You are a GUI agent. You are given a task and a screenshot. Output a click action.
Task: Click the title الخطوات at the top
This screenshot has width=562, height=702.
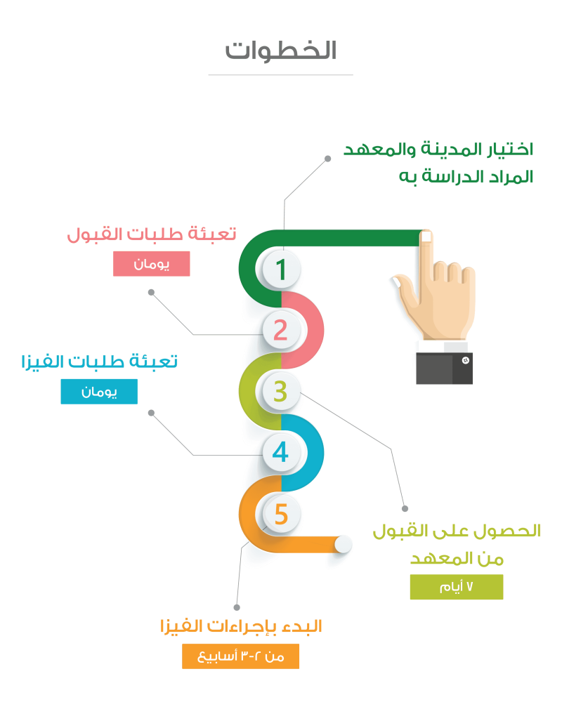[x=281, y=50]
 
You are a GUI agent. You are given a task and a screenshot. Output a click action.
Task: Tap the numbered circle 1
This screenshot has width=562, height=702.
[x=281, y=270]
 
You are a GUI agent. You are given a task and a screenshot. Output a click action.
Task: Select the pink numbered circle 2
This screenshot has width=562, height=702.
[x=281, y=330]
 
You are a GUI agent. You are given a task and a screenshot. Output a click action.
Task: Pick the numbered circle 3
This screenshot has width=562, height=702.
[x=280, y=391]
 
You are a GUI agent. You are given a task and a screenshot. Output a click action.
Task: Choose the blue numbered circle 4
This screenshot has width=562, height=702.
[x=281, y=452]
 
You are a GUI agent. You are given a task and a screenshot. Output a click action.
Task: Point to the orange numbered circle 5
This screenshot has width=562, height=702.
[x=281, y=515]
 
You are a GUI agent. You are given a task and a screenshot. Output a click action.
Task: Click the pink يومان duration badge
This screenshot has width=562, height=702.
[x=151, y=264]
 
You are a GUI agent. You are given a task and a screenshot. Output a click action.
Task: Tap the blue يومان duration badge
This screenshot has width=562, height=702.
[x=99, y=392]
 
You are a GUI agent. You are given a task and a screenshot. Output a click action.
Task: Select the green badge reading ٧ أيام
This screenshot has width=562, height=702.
[x=457, y=587]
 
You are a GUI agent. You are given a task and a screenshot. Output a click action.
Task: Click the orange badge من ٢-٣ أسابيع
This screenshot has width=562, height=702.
[x=241, y=656]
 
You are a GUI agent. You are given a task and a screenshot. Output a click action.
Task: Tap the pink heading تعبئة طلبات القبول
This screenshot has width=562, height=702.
[x=152, y=234]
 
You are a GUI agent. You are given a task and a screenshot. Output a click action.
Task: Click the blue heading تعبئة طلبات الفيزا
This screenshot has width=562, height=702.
[x=100, y=362]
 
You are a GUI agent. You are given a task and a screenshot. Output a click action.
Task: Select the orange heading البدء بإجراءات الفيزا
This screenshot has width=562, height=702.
[x=241, y=626]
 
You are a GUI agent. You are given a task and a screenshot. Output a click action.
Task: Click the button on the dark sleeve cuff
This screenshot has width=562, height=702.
[x=464, y=361]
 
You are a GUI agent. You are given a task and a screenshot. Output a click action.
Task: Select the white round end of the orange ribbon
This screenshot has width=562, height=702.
[x=343, y=544]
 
